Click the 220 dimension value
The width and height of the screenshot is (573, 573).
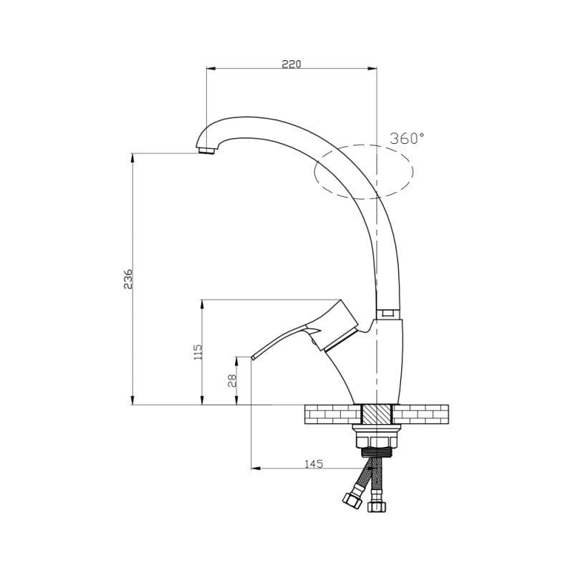292,64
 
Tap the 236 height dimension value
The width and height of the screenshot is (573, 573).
127,279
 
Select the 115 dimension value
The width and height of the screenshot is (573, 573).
198,352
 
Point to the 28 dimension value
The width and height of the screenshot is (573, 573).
232,380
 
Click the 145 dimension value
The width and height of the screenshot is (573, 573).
314,463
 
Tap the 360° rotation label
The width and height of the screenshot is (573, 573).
407,138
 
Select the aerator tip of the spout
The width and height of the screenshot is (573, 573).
206,150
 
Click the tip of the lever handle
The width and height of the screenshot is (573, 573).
253,357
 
